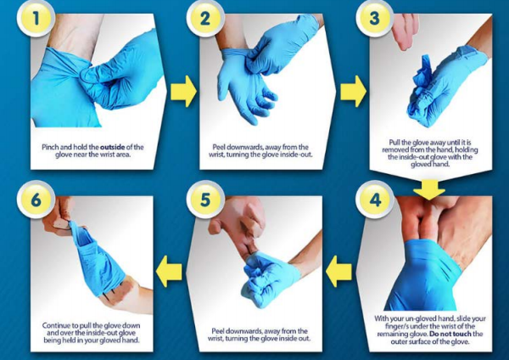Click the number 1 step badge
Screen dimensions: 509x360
(x=35, y=19)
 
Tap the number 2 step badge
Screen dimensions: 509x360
(x=204, y=19)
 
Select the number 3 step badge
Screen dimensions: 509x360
(x=374, y=19)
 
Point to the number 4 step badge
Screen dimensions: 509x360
(x=375, y=200)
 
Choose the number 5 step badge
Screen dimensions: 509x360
(x=205, y=200)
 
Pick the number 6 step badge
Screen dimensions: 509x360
(x=36, y=200)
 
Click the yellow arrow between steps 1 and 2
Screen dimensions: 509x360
(x=183, y=92)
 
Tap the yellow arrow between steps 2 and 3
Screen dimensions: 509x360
(x=353, y=92)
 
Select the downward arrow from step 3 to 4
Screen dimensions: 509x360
(x=428, y=190)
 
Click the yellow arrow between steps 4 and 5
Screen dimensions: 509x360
(x=338, y=272)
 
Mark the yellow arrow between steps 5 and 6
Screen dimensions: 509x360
(x=169, y=272)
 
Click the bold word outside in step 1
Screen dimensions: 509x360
(x=112, y=147)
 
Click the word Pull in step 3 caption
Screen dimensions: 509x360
(x=394, y=143)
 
